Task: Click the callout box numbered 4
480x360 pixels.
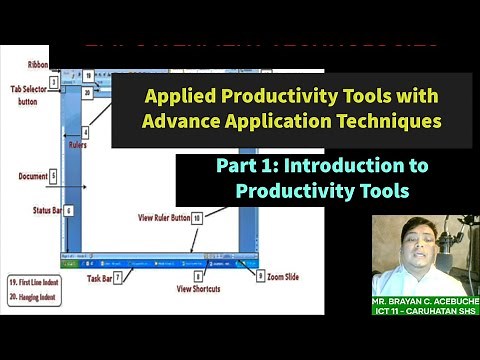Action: click(86, 131)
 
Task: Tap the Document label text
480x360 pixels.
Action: click(32, 176)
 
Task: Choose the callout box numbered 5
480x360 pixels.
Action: click(53, 176)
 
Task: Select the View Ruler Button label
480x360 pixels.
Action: click(163, 217)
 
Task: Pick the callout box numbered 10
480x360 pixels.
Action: click(197, 217)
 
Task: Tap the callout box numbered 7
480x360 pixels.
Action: click(118, 276)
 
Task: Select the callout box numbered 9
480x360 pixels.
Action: click(260, 276)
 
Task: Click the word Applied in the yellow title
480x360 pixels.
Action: click(177, 99)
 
